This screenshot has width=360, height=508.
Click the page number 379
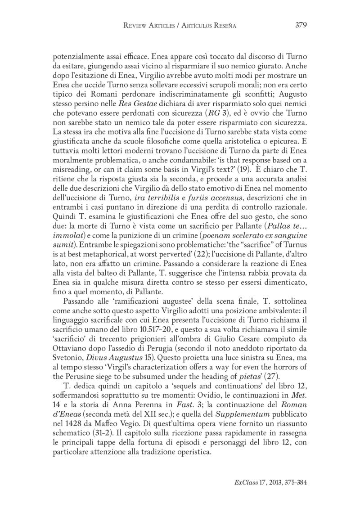(x=301, y=25)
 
